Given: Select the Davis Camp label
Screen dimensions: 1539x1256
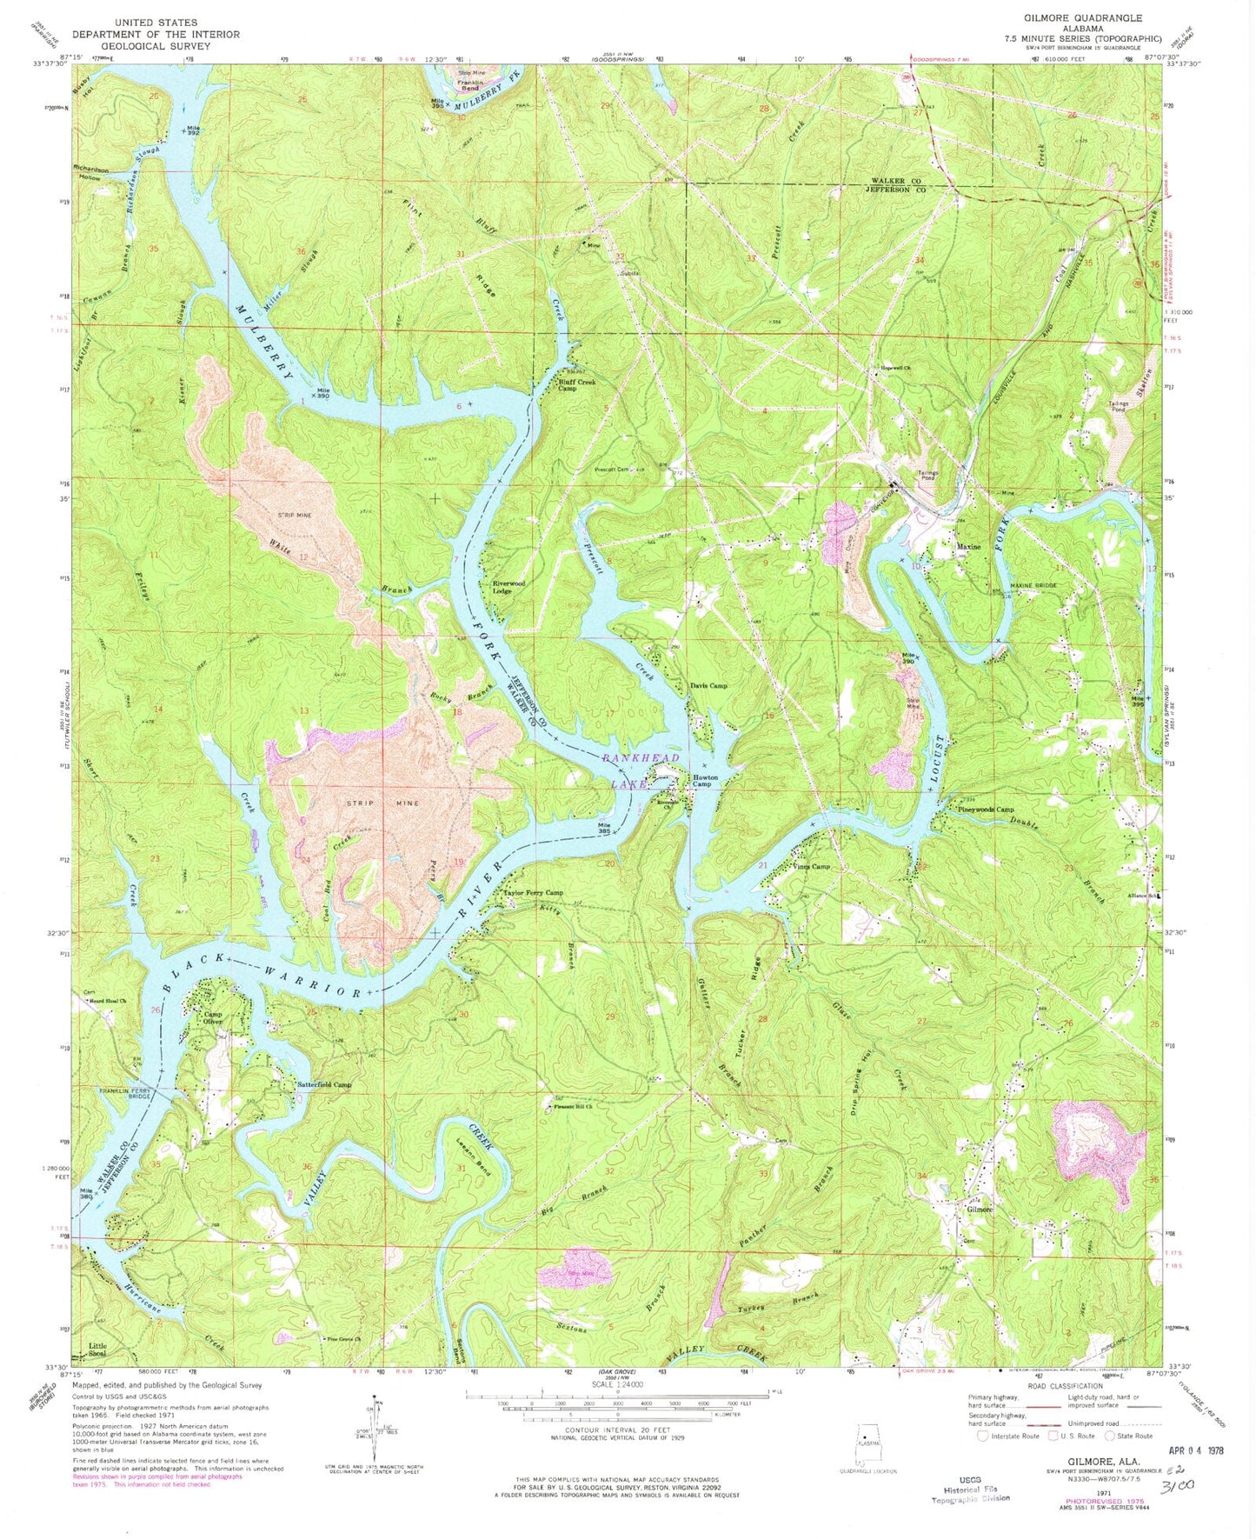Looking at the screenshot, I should click(708, 686).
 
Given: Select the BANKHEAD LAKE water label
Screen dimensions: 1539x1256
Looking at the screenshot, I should click(630, 771).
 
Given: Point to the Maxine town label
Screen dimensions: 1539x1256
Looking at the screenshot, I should click(968, 548).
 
